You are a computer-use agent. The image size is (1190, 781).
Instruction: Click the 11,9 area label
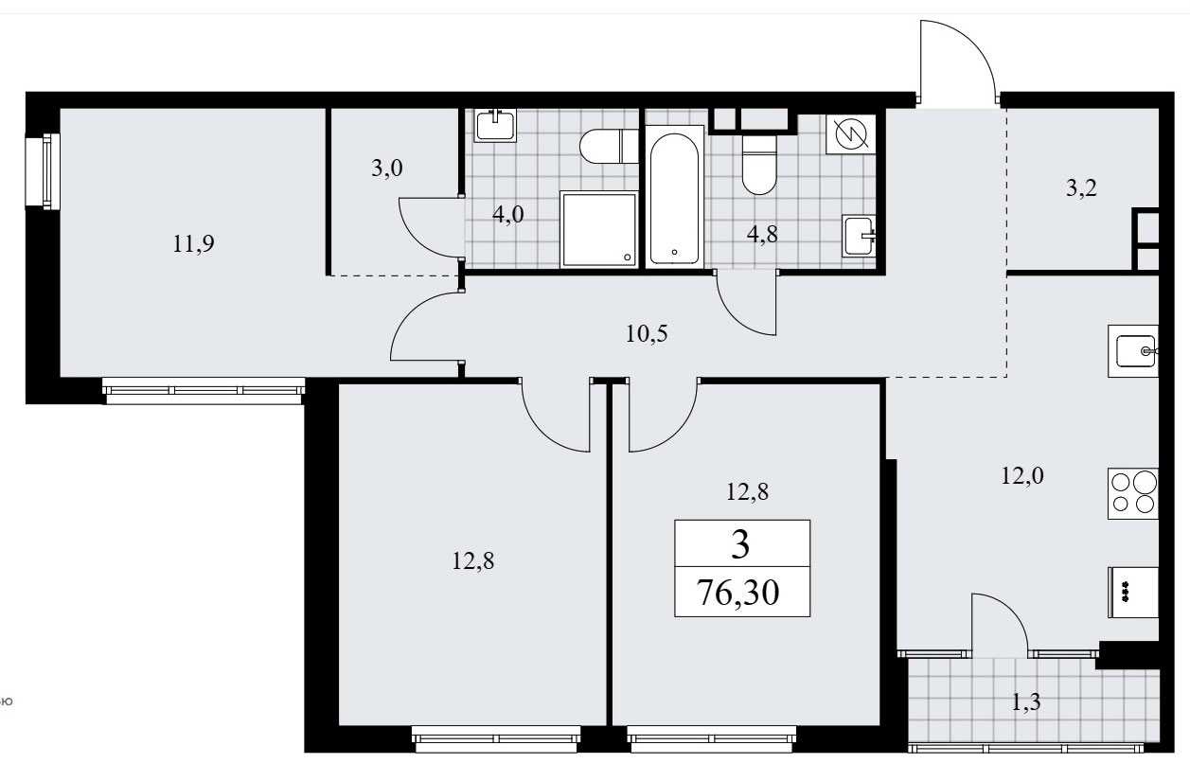(193, 244)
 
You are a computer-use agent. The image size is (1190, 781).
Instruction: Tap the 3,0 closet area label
(387, 169)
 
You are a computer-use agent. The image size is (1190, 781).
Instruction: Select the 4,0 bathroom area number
(508, 215)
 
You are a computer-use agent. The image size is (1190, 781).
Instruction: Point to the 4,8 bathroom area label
(762, 235)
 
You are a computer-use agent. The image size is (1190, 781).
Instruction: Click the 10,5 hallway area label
(647, 334)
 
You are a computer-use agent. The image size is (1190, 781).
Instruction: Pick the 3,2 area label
(1082, 188)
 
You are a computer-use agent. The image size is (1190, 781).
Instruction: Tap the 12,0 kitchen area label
(1022, 475)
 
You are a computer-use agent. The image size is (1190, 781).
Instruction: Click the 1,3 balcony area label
(1026, 702)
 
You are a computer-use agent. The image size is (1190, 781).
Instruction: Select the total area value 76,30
(737, 593)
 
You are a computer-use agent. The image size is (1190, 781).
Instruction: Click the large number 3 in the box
(740, 544)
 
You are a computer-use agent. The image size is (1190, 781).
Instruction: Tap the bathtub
(675, 197)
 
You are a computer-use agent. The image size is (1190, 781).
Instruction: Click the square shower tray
(598, 229)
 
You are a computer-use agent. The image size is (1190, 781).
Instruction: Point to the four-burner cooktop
(1132, 493)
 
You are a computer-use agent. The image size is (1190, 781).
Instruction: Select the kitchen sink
(1133, 351)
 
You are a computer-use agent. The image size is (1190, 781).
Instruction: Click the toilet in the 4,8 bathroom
(759, 166)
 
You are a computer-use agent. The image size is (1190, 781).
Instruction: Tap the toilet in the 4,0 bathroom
(609, 146)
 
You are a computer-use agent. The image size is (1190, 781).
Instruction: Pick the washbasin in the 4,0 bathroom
(495, 125)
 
